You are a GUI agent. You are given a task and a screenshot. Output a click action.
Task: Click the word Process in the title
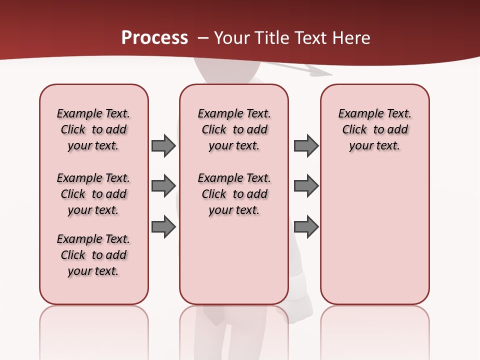point(154,37)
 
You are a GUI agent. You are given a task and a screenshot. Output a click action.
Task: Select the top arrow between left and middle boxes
point(163,145)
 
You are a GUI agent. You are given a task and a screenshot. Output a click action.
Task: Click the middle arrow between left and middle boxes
point(163,186)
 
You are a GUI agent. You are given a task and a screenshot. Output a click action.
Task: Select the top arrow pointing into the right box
point(306,145)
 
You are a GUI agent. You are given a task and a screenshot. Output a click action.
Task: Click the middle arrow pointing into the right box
point(306,186)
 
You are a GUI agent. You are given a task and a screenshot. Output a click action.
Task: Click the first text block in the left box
point(93,129)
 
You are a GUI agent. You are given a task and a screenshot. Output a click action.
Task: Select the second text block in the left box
point(93,194)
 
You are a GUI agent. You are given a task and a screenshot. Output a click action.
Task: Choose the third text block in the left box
point(93,255)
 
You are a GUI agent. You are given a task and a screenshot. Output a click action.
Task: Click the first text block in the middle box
point(234,129)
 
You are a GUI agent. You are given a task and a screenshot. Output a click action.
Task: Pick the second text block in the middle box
point(234,194)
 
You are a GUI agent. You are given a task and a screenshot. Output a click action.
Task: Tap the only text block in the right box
point(374,129)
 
